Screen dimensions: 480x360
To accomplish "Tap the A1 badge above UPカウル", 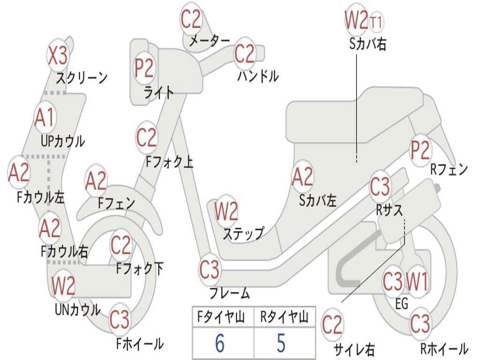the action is point(45,118).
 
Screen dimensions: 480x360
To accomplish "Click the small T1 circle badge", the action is point(377,22).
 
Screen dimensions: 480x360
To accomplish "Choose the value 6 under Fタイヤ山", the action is point(219,343).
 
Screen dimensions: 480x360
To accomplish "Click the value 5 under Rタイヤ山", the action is point(281,343).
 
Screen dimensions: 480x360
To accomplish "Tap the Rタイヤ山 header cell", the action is point(284,318).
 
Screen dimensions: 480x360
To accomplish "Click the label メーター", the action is point(210,41).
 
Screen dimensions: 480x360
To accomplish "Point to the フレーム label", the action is point(230,294).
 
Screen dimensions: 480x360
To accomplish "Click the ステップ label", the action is point(243,233).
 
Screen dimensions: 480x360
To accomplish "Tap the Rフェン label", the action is point(449,170).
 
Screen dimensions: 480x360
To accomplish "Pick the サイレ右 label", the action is point(354,349).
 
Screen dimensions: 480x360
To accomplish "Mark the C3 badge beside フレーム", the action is point(209,270).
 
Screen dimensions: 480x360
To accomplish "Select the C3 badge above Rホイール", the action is point(420,323).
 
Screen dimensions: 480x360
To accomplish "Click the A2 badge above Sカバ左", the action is point(302,177).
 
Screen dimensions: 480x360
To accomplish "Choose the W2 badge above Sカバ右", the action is point(356,19).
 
